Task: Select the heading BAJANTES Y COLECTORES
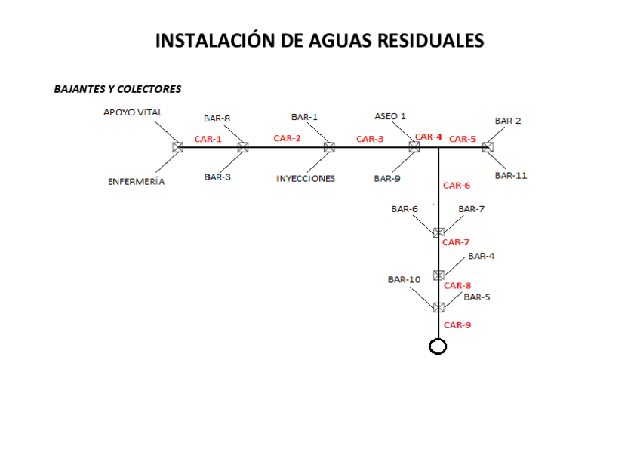(x=117, y=89)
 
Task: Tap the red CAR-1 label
(x=208, y=139)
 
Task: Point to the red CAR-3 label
(x=370, y=139)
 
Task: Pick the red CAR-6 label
(x=457, y=185)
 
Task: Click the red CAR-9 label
(x=457, y=325)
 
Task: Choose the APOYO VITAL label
(x=133, y=112)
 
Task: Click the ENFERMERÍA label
(x=136, y=182)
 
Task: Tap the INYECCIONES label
(x=305, y=179)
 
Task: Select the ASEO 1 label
(x=390, y=116)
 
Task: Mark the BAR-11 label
(x=511, y=175)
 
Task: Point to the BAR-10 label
(x=404, y=279)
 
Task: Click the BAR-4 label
(x=482, y=257)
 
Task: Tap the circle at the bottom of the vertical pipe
(x=438, y=346)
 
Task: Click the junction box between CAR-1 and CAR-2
(x=243, y=148)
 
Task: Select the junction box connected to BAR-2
(x=488, y=148)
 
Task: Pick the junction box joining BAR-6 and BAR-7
(x=438, y=232)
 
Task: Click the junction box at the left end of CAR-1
(x=178, y=148)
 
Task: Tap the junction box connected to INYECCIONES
(x=329, y=148)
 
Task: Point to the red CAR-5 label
(x=463, y=139)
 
